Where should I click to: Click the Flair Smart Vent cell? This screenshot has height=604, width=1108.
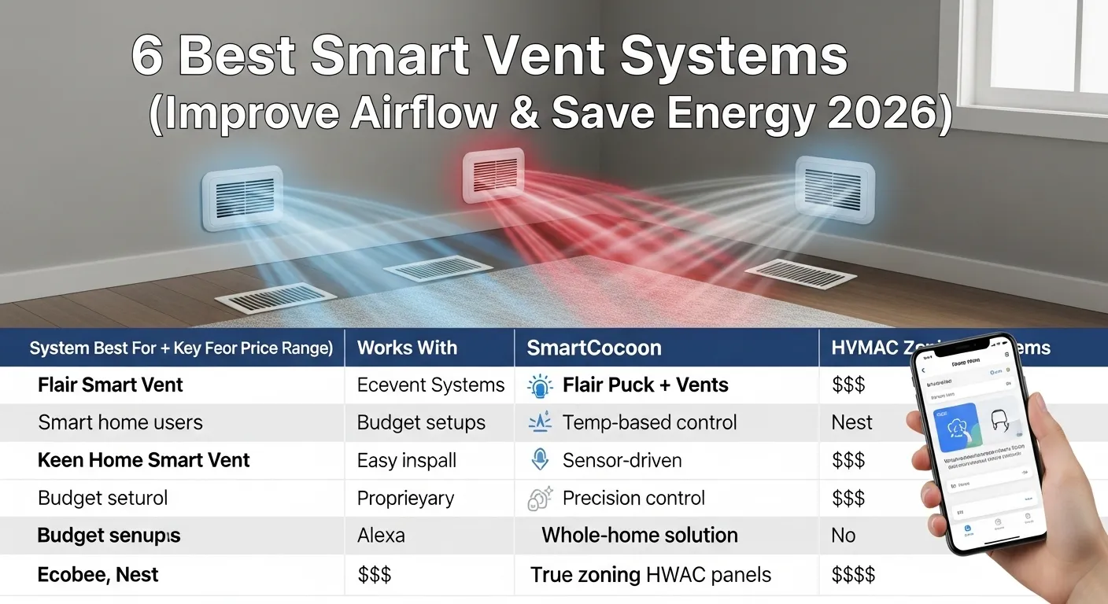point(110,385)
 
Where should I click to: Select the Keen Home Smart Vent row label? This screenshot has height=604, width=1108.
point(143,461)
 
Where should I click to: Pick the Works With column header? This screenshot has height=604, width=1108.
point(407,348)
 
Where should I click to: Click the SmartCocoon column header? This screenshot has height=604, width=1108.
point(593,348)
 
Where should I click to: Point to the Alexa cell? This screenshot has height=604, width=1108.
point(381,536)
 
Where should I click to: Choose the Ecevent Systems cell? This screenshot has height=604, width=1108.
point(430,385)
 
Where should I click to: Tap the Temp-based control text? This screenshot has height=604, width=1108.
point(649,423)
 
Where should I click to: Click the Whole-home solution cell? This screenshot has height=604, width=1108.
point(639,536)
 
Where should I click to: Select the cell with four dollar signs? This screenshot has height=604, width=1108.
point(852,575)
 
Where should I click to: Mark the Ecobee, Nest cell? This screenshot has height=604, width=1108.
point(98,575)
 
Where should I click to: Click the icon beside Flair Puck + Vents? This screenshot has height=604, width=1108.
point(540,385)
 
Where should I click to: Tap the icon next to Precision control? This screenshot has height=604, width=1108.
point(540,499)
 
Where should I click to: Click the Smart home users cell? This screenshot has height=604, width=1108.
point(120,423)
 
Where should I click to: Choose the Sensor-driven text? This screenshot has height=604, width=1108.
point(622,461)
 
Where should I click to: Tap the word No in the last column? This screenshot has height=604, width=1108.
point(843,536)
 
